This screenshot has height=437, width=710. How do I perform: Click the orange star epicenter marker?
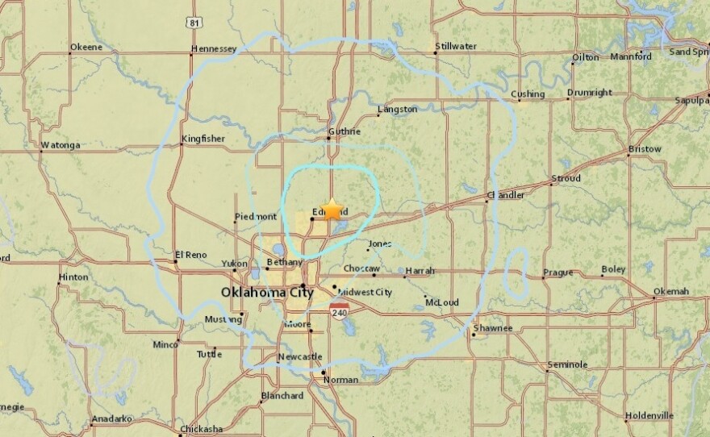tap(332, 209)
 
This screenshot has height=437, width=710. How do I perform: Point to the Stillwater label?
tap(456, 47)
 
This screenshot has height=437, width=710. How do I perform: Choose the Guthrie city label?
tap(344, 131)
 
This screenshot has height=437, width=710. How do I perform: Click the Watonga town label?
tap(61, 146)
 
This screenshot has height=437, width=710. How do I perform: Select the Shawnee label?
tap(493, 328)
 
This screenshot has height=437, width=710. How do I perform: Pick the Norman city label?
tap(340, 380)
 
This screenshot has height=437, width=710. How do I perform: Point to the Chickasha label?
tap(201, 428)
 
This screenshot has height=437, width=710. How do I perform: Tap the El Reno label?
tap(191, 255)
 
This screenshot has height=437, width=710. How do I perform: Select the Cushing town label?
tap(528, 94)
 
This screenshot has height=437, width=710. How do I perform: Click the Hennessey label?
tap(214, 49)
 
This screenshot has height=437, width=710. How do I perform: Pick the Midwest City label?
tap(365, 292)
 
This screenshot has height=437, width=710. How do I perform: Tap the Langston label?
tap(398, 109)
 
